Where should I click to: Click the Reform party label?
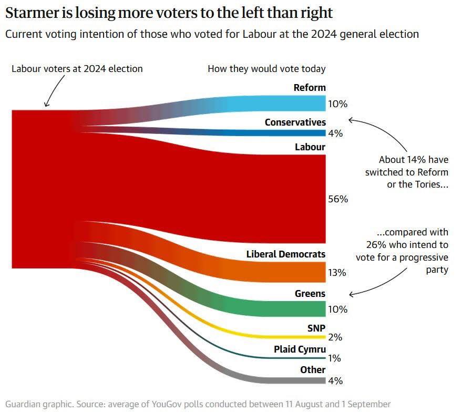(x=310, y=88)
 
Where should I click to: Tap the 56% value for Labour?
(x=337, y=199)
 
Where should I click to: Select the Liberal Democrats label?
(x=286, y=254)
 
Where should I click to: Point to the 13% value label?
(x=337, y=273)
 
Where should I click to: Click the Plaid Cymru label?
(x=300, y=349)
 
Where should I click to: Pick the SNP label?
(x=316, y=328)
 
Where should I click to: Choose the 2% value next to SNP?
(x=335, y=337)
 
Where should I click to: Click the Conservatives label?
(x=295, y=122)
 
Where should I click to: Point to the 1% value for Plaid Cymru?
(x=335, y=358)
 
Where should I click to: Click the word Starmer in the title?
(x=29, y=13)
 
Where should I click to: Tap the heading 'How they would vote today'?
(x=266, y=69)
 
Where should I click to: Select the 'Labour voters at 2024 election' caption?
(x=77, y=69)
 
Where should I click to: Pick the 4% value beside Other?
(x=335, y=380)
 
